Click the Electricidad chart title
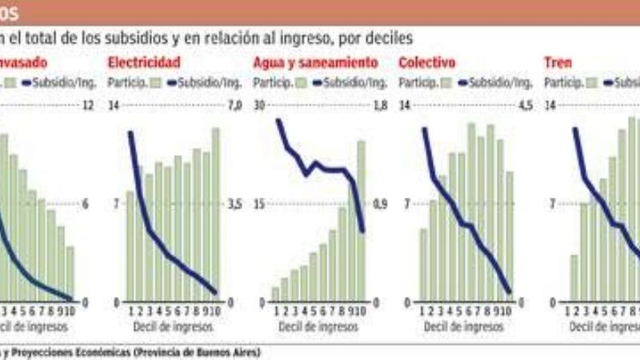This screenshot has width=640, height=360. [143, 62]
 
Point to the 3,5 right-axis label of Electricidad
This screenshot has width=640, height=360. [233, 205]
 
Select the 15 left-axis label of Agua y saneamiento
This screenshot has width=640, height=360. [258, 205]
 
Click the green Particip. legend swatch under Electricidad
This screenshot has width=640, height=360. [156, 82]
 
